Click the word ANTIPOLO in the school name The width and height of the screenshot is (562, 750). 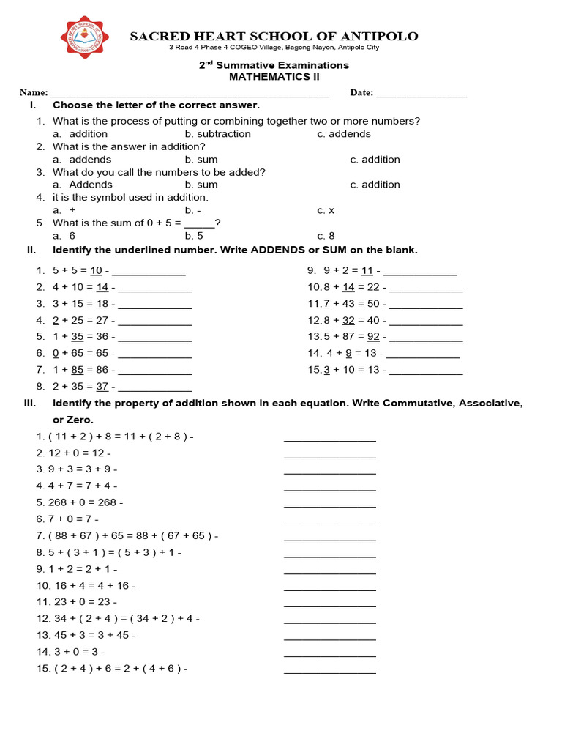382,36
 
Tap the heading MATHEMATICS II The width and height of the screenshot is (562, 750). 274,76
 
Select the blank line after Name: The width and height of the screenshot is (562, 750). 189,94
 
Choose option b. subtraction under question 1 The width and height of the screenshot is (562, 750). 217,134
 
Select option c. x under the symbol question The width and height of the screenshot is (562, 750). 326,210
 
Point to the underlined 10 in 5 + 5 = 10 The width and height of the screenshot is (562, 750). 96,270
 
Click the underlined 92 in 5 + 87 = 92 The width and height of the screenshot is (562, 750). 373,337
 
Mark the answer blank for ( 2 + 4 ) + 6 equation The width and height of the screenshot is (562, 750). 329,671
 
